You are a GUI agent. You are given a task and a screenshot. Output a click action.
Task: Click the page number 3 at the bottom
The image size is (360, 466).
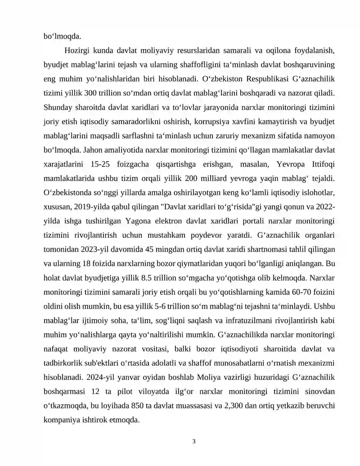[x=193, y=442]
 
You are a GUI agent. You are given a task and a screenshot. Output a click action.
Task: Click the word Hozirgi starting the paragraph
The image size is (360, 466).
[x=78, y=50]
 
